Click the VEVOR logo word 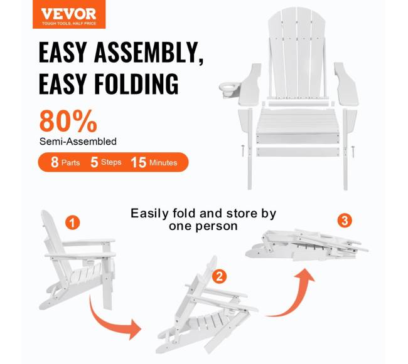point(68,14)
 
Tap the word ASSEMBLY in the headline point(149,53)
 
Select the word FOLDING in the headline point(136,83)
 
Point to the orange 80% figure point(68,121)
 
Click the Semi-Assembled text point(78,142)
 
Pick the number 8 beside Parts point(55,162)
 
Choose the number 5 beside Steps point(94,162)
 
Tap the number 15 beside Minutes point(139,162)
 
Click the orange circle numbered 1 point(73,223)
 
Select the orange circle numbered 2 point(219,276)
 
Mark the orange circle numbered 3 point(345,221)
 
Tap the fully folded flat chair point(307,245)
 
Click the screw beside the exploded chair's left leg point(243,151)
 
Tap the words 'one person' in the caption point(203,226)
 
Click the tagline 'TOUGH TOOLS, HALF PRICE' point(69,24)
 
